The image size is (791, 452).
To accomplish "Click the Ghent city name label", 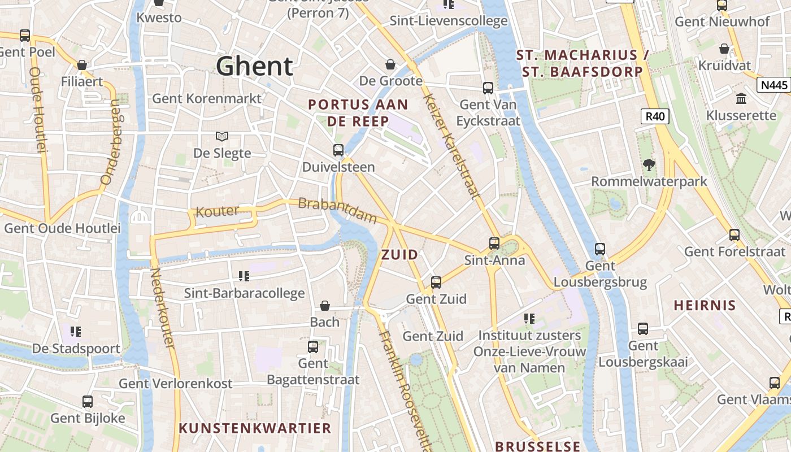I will pos(254,66).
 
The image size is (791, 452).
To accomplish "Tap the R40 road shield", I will pos(655,117).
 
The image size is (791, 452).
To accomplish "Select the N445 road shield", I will pos(773,85).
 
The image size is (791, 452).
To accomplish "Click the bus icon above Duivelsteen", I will pos(338,150).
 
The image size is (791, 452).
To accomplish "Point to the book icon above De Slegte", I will pos(222,136).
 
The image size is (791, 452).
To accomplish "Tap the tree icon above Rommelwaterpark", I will pos(649,165).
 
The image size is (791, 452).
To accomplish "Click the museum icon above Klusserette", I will pos(741,99).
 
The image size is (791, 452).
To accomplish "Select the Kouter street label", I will pos(217,212).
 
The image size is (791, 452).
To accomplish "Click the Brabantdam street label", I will pos(337,210).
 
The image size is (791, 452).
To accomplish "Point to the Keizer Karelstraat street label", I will pos(451,146).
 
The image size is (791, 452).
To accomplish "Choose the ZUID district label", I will pos(400,255).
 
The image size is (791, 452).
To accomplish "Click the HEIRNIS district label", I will pos(705,306).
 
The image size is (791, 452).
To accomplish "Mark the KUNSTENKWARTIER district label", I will pos(255,428).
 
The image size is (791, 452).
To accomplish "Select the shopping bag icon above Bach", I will pos(325,306).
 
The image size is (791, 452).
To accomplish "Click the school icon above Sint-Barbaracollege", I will pos(244,276).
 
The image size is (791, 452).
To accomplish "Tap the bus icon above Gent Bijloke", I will pos(88,402).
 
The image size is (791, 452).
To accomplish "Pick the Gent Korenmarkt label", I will pos(207,98).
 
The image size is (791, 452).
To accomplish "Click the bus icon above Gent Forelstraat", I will pos(734,234).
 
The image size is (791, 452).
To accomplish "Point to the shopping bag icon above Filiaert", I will pos(82,65).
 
